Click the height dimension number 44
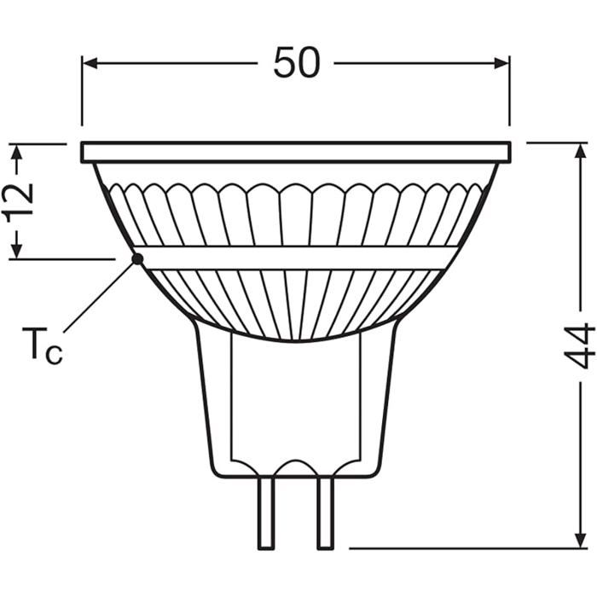tap(580, 345)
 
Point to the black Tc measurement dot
tap(136, 258)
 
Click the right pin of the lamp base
tap(325, 512)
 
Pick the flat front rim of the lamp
tap(296, 153)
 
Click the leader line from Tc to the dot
tap(98, 298)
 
